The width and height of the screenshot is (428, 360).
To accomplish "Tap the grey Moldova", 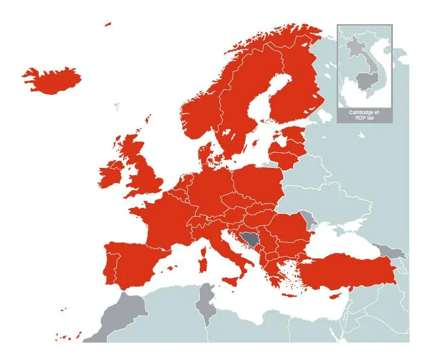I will [x=310, y=219].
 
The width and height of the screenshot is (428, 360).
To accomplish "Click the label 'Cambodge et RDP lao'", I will [x=365, y=115].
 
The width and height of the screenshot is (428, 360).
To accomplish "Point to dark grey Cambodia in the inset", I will [x=365, y=79].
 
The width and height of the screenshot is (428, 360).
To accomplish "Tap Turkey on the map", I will [x=350, y=272].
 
